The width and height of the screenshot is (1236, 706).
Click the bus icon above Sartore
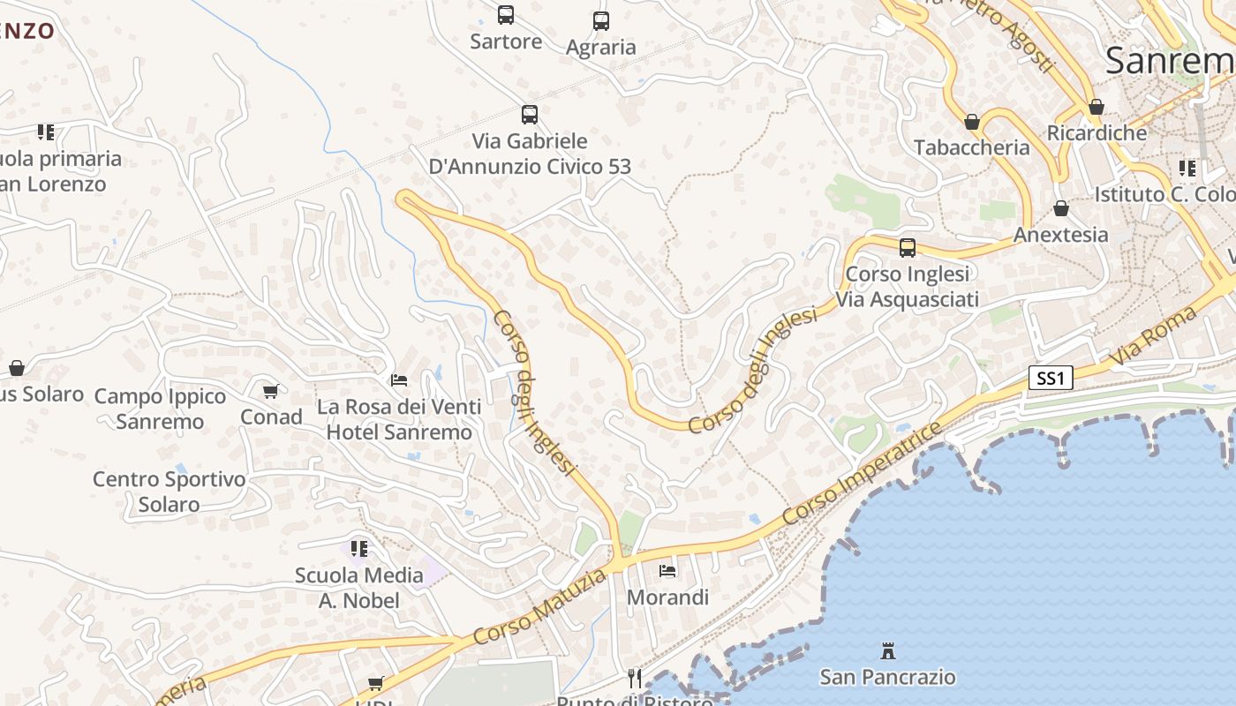(506, 15)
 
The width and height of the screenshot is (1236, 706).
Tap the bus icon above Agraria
(601, 21)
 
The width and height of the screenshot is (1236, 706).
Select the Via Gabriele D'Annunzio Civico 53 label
(530, 154)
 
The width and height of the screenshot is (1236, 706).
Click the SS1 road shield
(1051, 379)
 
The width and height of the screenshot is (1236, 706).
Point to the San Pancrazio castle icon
(888, 652)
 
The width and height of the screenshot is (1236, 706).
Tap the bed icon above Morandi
(667, 571)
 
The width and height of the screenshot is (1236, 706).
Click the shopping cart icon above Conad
(271, 391)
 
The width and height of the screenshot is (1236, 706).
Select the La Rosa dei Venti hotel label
(399, 419)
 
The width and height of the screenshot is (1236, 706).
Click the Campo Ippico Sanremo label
(160, 409)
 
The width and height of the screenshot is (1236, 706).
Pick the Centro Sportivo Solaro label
(169, 492)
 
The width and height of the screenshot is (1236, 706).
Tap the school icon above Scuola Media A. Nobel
(358, 549)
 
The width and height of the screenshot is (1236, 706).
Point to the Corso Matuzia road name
(540, 606)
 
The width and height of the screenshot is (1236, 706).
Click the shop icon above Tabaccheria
(972, 122)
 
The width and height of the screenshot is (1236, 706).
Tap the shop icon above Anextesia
(1061, 209)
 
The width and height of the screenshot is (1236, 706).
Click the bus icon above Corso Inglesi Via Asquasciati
(908, 248)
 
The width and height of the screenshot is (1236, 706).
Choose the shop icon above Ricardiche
(1097, 108)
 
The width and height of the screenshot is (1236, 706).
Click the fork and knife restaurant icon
(635, 678)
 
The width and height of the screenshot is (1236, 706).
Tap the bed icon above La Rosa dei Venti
(399, 380)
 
